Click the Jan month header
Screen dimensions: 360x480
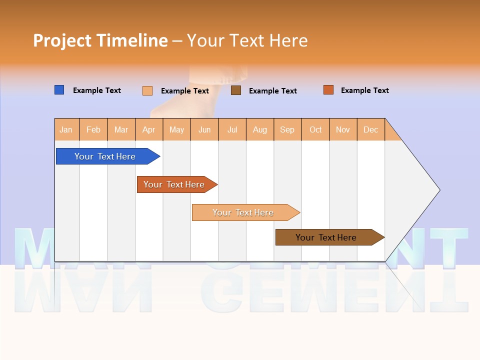(x=66, y=129)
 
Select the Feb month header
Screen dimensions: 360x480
(x=93, y=129)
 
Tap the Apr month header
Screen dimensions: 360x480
(x=149, y=129)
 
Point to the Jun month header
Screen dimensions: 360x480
(x=204, y=129)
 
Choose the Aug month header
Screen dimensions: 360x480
(x=260, y=129)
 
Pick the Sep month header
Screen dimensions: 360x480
(x=287, y=129)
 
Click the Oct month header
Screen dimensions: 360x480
(x=315, y=129)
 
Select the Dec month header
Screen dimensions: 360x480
(x=371, y=129)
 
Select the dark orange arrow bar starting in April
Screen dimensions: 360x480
(x=175, y=184)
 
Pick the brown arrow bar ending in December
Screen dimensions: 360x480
(x=327, y=237)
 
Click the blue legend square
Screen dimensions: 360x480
(x=59, y=90)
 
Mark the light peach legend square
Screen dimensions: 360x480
(x=147, y=90)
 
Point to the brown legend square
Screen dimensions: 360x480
(x=236, y=90)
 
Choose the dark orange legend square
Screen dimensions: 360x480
(x=328, y=90)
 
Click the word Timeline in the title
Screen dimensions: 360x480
(x=132, y=40)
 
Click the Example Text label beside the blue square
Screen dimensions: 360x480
(x=97, y=90)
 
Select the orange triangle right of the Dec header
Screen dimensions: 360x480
(x=391, y=133)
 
